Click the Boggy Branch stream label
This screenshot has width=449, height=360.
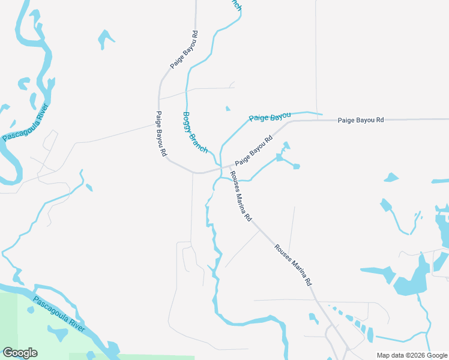(194, 132)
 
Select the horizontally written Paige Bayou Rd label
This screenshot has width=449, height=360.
(360, 121)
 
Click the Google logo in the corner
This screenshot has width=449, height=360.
(20, 353)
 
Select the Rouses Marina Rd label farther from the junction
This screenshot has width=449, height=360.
(294, 265)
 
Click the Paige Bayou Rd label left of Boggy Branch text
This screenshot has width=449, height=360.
(160, 134)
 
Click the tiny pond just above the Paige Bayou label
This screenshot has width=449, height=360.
(228, 109)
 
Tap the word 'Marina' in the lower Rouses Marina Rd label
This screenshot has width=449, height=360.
(293, 264)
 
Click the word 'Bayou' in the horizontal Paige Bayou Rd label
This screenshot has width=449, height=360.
(361, 121)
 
